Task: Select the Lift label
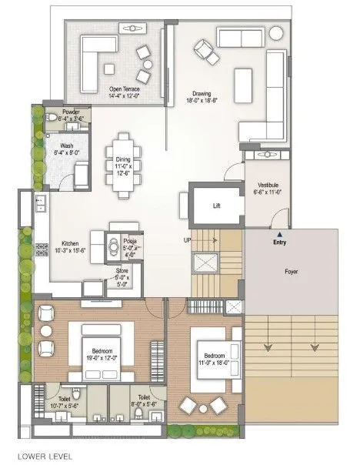[217, 206]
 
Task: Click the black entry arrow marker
[280, 233]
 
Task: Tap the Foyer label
[291, 272]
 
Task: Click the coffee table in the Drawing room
[243, 79]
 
